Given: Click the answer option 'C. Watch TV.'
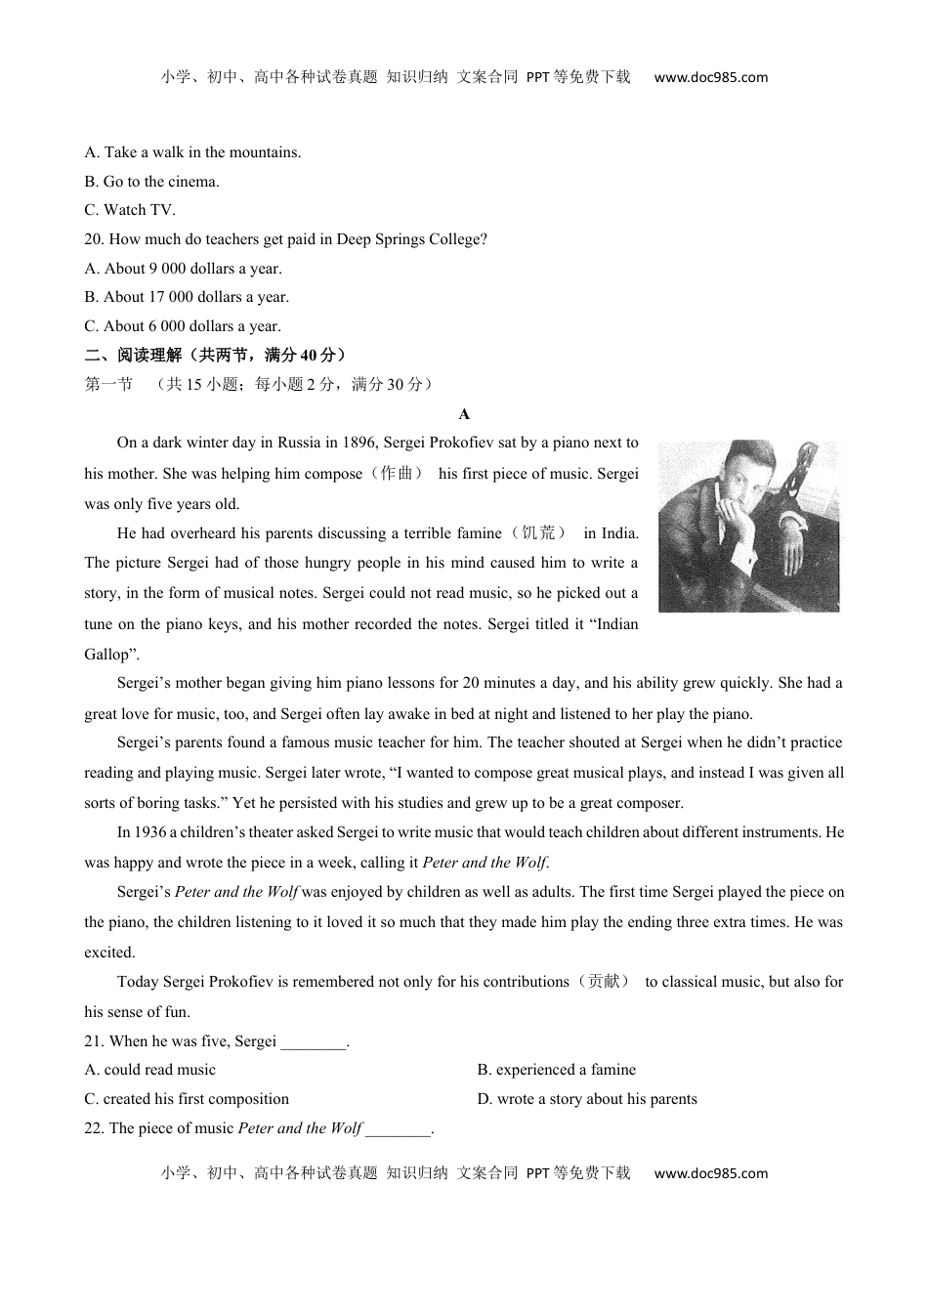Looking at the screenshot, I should [130, 210].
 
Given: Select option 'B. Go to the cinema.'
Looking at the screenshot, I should [151, 182].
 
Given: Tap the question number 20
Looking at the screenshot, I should [94, 239].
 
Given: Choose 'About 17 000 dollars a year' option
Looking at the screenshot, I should [187, 297].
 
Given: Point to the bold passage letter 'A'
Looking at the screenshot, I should [464, 414].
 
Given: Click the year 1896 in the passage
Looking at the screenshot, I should [359, 443].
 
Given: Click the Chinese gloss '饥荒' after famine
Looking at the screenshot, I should [538, 533].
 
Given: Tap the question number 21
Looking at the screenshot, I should [94, 1041].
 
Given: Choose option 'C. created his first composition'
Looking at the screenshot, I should [187, 1099].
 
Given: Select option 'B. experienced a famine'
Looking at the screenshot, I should [556, 1071].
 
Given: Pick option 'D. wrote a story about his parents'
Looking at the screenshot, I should [587, 1099].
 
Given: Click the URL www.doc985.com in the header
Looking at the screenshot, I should [711, 78].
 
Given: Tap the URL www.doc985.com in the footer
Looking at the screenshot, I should [711, 1174].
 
